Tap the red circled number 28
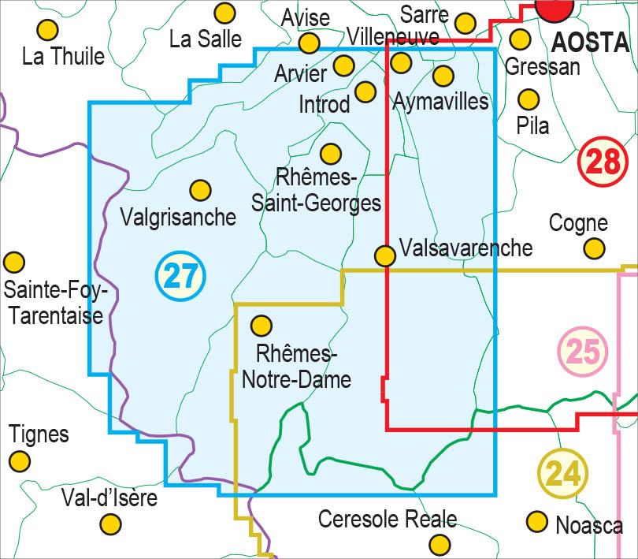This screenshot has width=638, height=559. click(602, 162)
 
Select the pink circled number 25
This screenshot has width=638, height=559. click(582, 351)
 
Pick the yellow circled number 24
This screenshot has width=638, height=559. click(563, 473)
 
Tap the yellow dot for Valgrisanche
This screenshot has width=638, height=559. click(200, 190)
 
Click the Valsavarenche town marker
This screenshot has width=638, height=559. click(384, 255)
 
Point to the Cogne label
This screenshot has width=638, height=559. click(578, 223)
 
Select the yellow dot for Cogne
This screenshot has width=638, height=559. click(594, 249)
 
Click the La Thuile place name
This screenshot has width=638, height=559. click(63, 57)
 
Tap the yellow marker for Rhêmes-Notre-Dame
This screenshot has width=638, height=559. click(261, 325)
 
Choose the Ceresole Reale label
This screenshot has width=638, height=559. click(387, 519)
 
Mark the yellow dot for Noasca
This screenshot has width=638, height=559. click(537, 521)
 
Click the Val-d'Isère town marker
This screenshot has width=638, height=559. click(112, 524)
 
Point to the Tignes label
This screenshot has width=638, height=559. click(39, 434)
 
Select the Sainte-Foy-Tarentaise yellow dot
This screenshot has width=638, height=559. click(13, 263)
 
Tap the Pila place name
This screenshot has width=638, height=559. click(532, 125)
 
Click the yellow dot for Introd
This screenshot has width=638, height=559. click(365, 91)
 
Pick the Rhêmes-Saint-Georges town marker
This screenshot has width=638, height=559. click(331, 153)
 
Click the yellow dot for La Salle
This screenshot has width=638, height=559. click(225, 13)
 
